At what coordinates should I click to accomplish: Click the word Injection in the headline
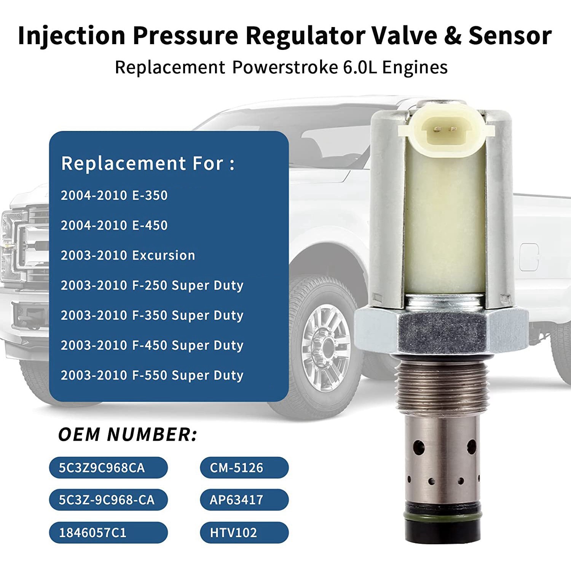(x=72, y=35)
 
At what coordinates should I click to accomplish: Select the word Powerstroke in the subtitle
(x=285, y=67)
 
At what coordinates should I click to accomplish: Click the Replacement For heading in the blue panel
(x=148, y=163)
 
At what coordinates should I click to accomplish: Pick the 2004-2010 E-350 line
(x=114, y=195)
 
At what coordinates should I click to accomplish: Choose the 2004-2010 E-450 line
(x=114, y=225)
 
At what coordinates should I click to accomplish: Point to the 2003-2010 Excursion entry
(x=128, y=255)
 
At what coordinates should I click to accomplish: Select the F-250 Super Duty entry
(x=152, y=285)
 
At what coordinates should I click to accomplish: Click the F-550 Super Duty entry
(x=152, y=375)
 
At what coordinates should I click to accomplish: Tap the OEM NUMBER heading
(x=128, y=434)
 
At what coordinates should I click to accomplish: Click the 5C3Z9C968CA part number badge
(x=108, y=467)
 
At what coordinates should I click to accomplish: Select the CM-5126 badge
(x=244, y=467)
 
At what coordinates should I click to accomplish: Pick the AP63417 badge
(x=244, y=500)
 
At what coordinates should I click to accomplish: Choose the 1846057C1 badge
(x=108, y=533)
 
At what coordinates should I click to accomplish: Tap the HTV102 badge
(x=244, y=533)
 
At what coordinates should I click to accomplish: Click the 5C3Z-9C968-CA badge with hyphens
(x=108, y=500)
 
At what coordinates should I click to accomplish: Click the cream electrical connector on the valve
(x=445, y=131)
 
